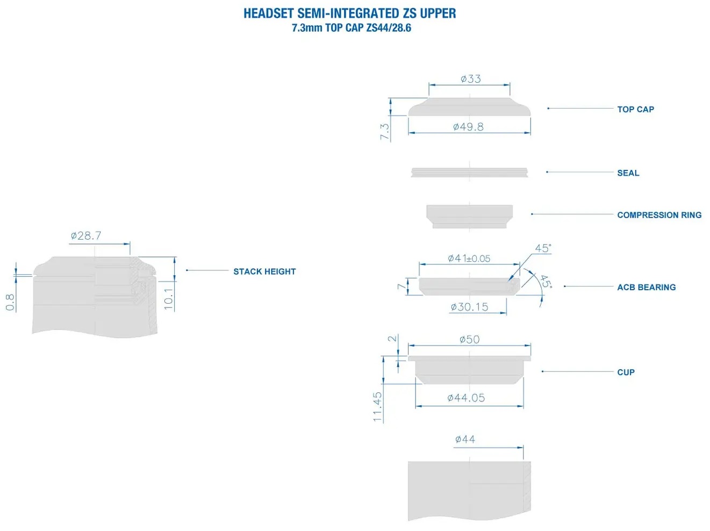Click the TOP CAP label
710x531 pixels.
point(635,109)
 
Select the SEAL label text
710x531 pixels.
point(628,173)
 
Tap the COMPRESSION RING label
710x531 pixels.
point(659,215)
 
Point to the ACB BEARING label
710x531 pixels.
point(646,287)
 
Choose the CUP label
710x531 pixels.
point(626,372)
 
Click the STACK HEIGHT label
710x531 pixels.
point(264,271)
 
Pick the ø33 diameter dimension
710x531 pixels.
point(470,79)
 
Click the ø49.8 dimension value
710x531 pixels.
point(468,127)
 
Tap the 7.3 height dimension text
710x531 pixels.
point(385,132)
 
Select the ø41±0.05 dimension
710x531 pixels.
point(469,259)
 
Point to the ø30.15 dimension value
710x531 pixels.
point(469,307)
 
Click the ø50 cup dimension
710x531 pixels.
point(469,340)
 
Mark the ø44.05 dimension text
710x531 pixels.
point(466,398)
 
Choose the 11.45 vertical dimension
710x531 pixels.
point(377,406)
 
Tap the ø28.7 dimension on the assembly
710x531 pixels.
point(86,236)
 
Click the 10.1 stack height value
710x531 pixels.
point(169,299)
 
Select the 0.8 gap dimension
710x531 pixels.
point(10,302)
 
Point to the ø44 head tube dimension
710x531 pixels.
point(465,440)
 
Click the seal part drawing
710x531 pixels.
point(469,172)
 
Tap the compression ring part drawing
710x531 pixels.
point(469,216)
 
